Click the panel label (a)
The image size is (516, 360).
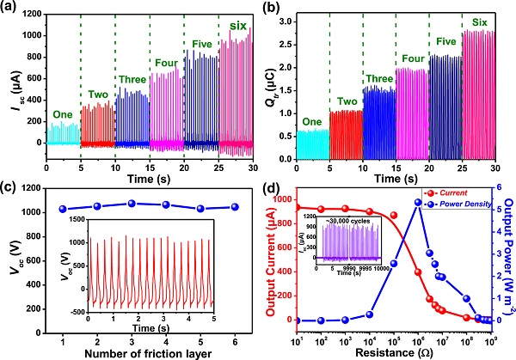point(11,9)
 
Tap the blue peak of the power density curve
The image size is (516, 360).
point(418,203)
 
